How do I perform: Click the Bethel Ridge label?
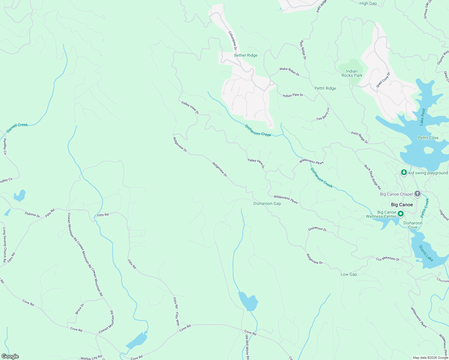pos(246,55)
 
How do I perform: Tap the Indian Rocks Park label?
pos(352,73)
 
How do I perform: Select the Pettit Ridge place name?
pos(325,88)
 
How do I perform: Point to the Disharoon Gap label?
pos(267,204)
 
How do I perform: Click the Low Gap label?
pos(348,274)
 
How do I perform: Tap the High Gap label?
pos(368,4)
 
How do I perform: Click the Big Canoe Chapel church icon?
pos(417,194)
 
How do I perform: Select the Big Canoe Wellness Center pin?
pos(401,214)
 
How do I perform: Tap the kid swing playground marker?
pos(404,172)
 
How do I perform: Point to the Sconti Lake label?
pos(426,253)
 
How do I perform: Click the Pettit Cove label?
pos(428,138)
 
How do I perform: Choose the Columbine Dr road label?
pos(233,40)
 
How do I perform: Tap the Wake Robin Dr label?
pos(289,71)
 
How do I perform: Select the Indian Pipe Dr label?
pos(293,95)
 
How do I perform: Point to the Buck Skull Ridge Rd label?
pos(372,177)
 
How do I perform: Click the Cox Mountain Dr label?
pos(388,259)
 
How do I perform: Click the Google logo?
pos(10,356)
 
